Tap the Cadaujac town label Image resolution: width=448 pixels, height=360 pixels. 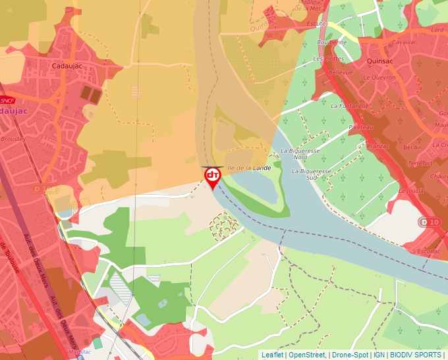tap(66, 66)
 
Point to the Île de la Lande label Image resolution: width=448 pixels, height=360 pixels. tap(250, 168)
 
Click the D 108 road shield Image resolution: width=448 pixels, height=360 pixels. tap(45, 189)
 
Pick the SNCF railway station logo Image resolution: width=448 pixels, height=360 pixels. tap(7, 100)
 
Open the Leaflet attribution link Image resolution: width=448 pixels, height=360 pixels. tap(272, 355)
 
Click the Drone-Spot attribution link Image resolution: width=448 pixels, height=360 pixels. tap(350, 355)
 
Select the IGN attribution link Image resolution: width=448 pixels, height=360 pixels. tap(379, 355)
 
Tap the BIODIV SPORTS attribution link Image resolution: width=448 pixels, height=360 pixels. tap(416, 355)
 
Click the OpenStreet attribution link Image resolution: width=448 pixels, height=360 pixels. tap(306, 355)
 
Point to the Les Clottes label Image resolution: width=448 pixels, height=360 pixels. tap(328, 59)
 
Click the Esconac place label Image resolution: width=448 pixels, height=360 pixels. tap(428, 251)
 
